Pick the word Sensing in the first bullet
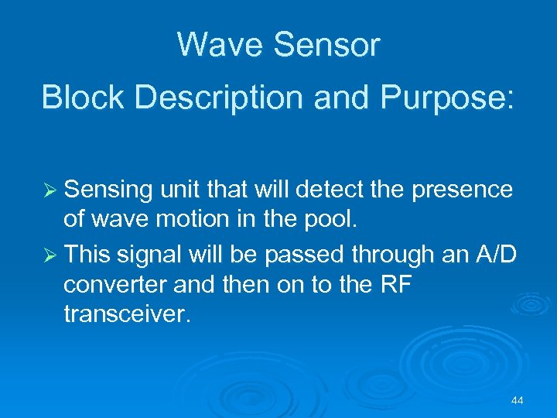point(111,190)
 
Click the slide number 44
point(518,400)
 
